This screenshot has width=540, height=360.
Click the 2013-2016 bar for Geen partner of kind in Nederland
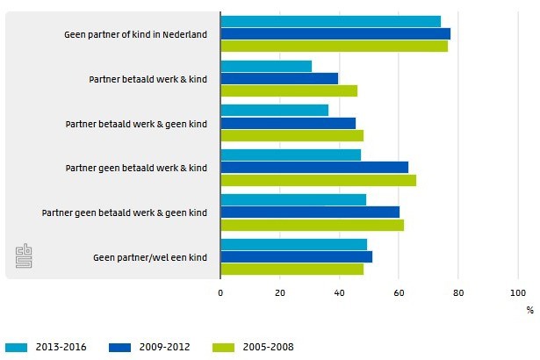click(x=330, y=21)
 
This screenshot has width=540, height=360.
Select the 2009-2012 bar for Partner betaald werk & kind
click(x=279, y=78)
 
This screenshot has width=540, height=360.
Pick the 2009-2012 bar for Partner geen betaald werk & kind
click(x=314, y=167)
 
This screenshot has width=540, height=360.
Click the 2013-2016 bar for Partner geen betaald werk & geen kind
click(x=293, y=199)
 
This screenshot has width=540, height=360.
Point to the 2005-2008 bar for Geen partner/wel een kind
click(x=292, y=269)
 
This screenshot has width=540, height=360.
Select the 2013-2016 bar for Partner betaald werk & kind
click(x=266, y=66)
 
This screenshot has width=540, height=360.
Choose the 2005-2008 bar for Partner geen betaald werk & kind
click(x=318, y=180)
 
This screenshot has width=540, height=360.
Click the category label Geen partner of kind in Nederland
click(x=135, y=34)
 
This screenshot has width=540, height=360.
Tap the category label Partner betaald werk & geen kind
click(x=136, y=124)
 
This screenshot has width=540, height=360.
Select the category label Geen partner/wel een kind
click(x=149, y=257)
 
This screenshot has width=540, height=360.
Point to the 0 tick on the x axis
click(x=220, y=293)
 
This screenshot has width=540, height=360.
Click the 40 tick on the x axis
click(x=339, y=293)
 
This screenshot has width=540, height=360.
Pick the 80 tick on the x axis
click(x=457, y=293)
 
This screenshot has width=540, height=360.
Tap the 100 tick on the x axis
click(x=516, y=293)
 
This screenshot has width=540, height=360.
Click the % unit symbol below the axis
click(x=529, y=309)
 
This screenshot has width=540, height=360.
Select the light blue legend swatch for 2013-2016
click(x=16, y=347)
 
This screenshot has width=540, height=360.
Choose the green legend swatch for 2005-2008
click(x=223, y=347)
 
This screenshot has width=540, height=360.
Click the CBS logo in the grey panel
click(x=24, y=257)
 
